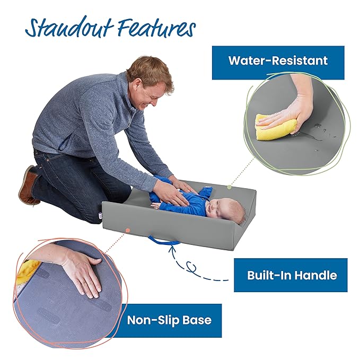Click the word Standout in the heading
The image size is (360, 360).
click(x=69, y=27)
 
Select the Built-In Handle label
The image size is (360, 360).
click(x=291, y=275)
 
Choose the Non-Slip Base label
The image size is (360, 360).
click(x=169, y=321)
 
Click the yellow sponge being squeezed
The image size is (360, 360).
click(x=276, y=127)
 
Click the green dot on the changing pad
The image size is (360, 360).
click(x=229, y=187)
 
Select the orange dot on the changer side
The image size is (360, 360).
click(x=128, y=230)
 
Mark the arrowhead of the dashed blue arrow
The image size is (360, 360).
click(x=172, y=249)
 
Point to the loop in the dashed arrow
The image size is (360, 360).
click(x=191, y=267)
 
